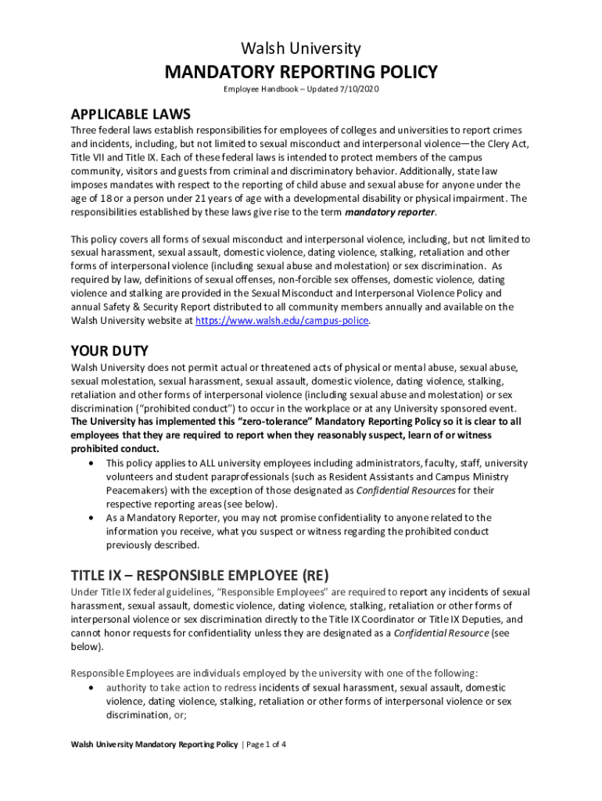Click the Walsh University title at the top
[x=301, y=48]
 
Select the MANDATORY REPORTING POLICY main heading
[x=301, y=73]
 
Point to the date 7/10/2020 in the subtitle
[x=360, y=91]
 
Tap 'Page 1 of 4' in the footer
[x=265, y=745]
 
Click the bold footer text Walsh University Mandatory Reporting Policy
[x=154, y=745]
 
